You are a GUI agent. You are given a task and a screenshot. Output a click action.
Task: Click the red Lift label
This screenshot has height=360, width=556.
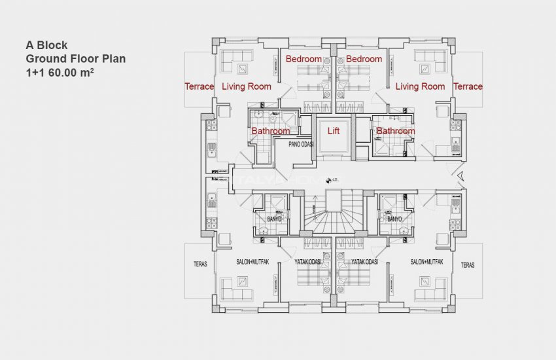tap(334, 131)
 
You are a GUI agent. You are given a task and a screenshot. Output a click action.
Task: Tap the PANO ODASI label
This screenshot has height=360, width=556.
tap(302, 144)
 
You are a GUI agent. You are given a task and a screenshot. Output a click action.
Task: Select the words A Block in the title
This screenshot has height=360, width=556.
tap(46, 46)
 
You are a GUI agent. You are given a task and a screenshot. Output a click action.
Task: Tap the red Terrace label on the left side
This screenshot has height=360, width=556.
tap(199, 86)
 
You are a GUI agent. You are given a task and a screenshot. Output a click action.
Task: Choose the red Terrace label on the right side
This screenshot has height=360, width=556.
tap(468, 86)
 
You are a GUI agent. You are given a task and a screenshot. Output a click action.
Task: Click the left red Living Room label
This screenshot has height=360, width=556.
tap(246, 86)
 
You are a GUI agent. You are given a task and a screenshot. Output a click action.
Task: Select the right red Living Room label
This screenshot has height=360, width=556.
tap(420, 86)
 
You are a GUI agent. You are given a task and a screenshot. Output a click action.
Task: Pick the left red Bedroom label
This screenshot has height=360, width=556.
tap(304, 59)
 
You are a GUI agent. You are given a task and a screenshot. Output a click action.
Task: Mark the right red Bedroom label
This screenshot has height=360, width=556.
tap(364, 59)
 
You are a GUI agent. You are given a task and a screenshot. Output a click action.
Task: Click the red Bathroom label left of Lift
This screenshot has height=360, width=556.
tap(271, 131)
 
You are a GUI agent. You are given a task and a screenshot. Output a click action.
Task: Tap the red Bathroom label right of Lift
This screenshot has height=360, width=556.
tap(395, 131)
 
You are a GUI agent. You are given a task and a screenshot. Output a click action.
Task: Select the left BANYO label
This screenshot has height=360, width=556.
tap(275, 219)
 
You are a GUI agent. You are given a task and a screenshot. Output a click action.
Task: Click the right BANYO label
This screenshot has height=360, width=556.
tap(394, 219)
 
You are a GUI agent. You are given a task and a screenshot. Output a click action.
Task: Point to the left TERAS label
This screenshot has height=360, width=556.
tap(201, 266)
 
